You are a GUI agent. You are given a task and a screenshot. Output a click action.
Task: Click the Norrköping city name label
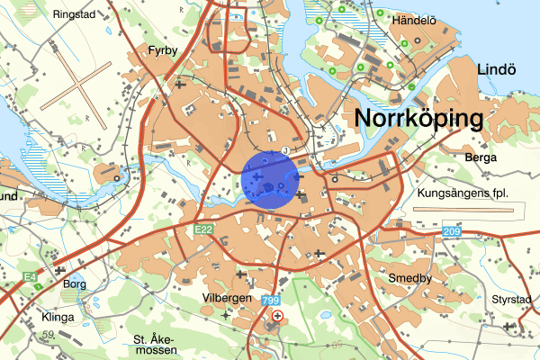[419, 118]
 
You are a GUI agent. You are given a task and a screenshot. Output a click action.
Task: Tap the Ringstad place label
[73, 14]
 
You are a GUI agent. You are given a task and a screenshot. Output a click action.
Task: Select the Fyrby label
[164, 51]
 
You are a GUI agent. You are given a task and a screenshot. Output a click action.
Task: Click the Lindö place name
[494, 70]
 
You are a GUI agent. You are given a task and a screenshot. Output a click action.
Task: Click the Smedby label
[410, 279]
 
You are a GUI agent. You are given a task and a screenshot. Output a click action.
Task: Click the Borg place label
[75, 284]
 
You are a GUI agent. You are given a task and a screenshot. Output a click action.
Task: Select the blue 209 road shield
[450, 233]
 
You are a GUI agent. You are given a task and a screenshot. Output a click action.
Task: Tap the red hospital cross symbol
[277, 317]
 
